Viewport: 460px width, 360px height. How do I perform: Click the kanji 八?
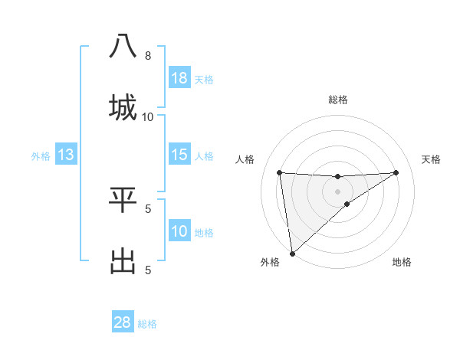tap(123, 46)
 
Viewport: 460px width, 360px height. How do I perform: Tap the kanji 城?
tap(123, 106)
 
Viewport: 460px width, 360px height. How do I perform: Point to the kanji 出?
tap(123, 260)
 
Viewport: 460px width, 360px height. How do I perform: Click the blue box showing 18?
tap(179, 78)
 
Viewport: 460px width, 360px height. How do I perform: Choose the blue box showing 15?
tap(179, 155)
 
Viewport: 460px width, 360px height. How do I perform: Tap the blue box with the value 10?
tap(179, 231)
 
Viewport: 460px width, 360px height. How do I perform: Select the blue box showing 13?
tap(66, 155)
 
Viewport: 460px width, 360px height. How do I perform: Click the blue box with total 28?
tap(123, 322)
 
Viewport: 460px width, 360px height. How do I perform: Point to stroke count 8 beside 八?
tap(148, 56)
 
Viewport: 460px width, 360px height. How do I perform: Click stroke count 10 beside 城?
tap(148, 116)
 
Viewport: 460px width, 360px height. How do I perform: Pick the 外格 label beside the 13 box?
tap(41, 156)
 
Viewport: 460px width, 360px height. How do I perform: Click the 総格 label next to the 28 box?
tap(147, 324)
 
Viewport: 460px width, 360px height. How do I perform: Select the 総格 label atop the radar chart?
tap(338, 100)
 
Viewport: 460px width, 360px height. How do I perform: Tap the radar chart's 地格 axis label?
tap(402, 262)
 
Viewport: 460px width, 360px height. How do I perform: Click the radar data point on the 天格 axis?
tap(396, 172)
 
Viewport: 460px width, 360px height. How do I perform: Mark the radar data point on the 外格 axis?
tap(292, 253)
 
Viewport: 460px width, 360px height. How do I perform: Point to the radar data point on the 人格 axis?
tap(280, 172)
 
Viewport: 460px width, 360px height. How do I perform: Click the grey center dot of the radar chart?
tap(338, 191)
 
